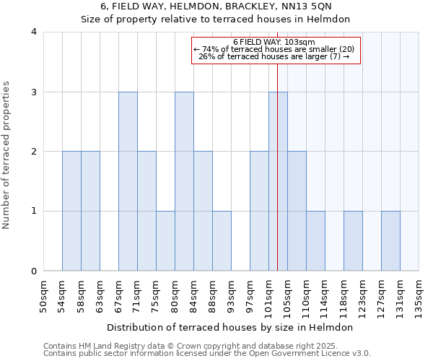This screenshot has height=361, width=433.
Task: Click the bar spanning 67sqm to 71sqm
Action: tap(128, 181)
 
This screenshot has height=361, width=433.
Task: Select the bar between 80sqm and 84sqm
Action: tap(184, 181)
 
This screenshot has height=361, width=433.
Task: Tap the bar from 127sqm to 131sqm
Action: tap(390, 241)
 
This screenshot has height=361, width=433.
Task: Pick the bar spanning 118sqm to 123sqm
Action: tap(353, 241)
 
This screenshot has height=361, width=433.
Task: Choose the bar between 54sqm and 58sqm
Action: tap(71, 211)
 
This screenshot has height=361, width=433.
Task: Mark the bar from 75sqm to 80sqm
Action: tap(165, 241)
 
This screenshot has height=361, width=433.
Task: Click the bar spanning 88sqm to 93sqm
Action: tap(222, 241)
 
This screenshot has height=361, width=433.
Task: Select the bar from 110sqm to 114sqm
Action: tap(315, 241)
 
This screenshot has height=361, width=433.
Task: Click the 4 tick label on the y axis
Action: tap(34, 32)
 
